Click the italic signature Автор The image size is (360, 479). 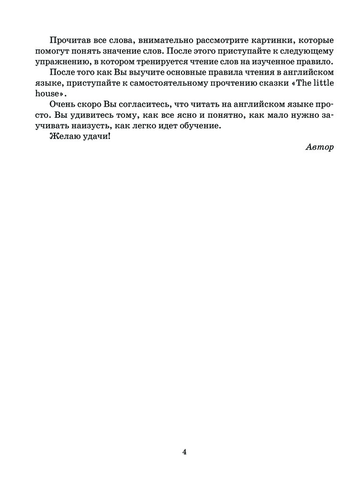(x=319, y=147)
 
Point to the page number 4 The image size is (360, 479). (x=184, y=451)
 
